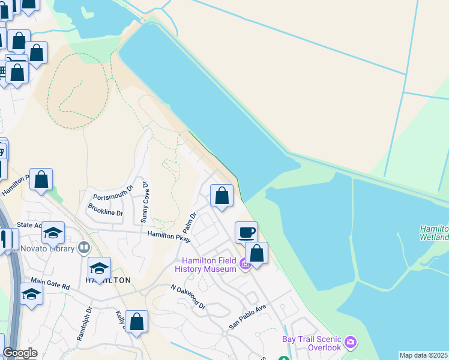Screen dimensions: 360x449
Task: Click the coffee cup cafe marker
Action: pyautogui.click(x=246, y=232)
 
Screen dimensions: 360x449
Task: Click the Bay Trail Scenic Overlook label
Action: pyautogui.click(x=312, y=343)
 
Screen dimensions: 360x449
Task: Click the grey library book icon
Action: pyautogui.click(x=83, y=247)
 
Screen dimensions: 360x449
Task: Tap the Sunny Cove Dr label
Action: pyautogui.click(x=145, y=204)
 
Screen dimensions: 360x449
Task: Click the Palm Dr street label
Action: pyautogui.click(x=190, y=223)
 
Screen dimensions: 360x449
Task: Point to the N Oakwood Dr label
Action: pyautogui.click(x=188, y=297)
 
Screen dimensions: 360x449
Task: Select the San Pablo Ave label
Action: pyautogui.click(x=247, y=317)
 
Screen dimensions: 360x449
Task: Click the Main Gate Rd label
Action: pyautogui.click(x=50, y=284)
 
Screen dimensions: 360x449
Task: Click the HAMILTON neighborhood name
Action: pyautogui.click(x=108, y=280)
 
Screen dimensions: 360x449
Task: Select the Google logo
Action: pyautogui.click(x=20, y=353)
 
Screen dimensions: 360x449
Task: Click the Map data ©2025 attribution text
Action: pyautogui.click(x=424, y=355)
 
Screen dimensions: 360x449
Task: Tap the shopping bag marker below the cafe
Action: pyautogui.click(x=257, y=253)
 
